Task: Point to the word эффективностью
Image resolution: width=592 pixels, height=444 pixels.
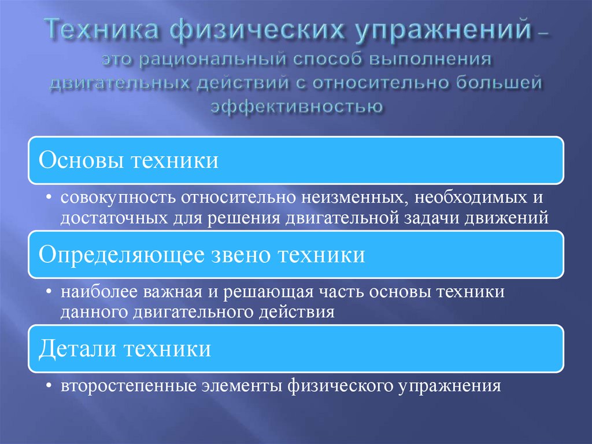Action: pyautogui.click(x=295, y=106)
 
